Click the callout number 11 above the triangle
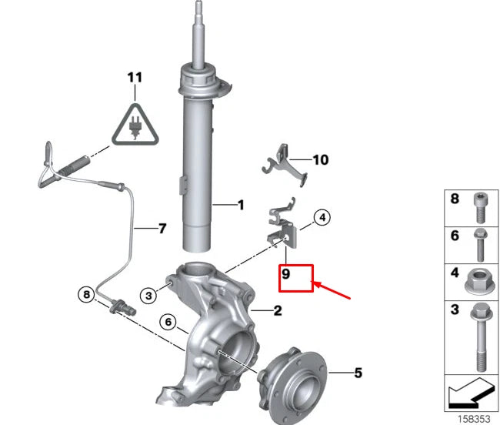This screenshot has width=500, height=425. click(135, 78)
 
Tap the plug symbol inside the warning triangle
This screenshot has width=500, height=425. click(135, 128)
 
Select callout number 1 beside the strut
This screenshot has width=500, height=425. click(241, 205)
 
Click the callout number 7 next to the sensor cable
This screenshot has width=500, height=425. click(162, 229)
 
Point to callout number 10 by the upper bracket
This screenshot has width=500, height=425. click(321, 160)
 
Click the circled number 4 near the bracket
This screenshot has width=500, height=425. click(322, 218)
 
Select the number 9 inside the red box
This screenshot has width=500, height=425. click(285, 274)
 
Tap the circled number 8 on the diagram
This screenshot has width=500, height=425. click(86, 294)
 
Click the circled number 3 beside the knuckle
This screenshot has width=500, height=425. click(148, 296)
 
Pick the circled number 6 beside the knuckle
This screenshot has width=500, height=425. click(168, 322)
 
